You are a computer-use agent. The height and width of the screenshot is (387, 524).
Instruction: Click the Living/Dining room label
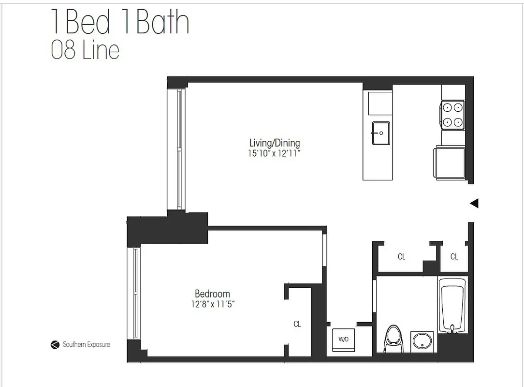click(274, 143)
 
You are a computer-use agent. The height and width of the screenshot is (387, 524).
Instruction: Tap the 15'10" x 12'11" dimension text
click(274, 153)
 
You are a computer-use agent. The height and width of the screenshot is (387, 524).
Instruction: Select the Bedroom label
click(212, 294)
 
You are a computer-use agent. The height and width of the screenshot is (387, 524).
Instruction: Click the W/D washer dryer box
click(343, 339)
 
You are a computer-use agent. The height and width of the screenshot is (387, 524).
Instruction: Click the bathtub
click(452, 305)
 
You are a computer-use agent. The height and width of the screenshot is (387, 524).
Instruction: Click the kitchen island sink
click(380, 133)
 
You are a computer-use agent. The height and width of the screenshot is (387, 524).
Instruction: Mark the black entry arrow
click(474, 203)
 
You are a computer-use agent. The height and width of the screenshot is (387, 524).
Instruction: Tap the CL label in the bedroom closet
click(297, 324)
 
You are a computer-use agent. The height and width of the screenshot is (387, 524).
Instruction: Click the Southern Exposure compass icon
click(55, 345)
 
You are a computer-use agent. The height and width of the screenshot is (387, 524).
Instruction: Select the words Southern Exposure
click(86, 345)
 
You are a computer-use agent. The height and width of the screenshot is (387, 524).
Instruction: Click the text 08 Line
click(85, 50)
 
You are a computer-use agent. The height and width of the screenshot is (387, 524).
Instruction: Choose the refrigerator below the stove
click(451, 163)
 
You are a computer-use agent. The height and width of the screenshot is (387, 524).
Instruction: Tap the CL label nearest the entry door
click(454, 257)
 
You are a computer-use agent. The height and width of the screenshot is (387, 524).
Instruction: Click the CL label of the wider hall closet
click(401, 257)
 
